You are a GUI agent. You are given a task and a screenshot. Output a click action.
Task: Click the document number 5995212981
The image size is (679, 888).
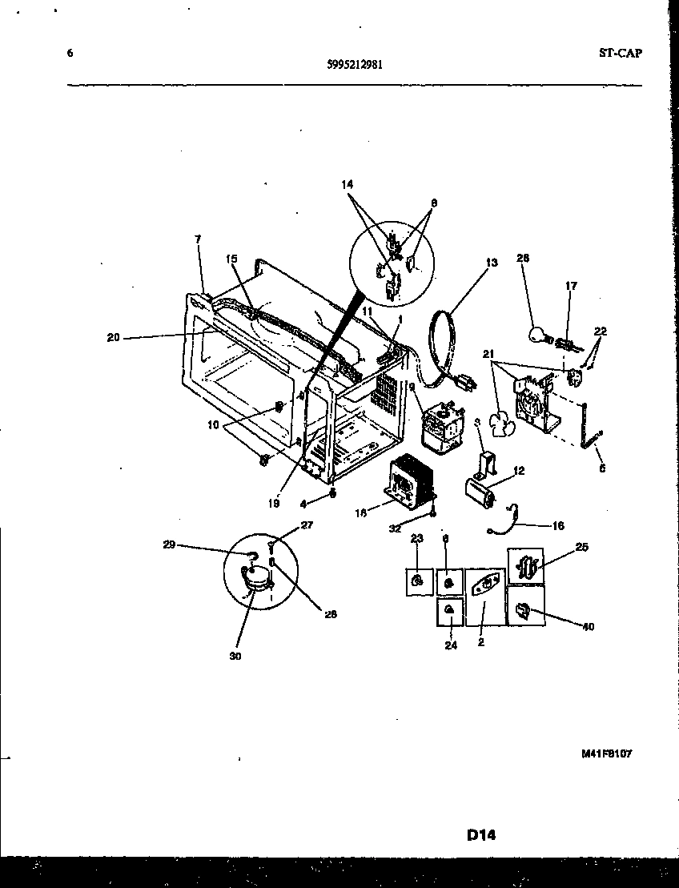point(355,66)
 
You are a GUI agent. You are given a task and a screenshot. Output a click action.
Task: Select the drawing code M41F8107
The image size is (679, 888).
point(612,753)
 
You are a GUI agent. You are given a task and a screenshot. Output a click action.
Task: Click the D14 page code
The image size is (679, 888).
point(481,835)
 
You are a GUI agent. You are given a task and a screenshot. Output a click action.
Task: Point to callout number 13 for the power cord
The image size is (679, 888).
point(492,262)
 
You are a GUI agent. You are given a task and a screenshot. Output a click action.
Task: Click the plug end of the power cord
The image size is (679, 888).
point(464,384)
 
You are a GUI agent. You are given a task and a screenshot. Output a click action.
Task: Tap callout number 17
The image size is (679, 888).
point(571,285)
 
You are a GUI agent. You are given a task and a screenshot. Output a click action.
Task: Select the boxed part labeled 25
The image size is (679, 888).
point(525,566)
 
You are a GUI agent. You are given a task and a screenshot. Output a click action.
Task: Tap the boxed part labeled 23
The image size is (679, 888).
point(417,581)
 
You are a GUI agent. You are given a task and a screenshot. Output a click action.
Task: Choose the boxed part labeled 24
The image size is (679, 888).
point(451,613)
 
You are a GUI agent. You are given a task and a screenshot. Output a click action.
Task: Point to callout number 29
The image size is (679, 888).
point(169,544)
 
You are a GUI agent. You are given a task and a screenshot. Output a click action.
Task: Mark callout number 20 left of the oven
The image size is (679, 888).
point(113,337)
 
